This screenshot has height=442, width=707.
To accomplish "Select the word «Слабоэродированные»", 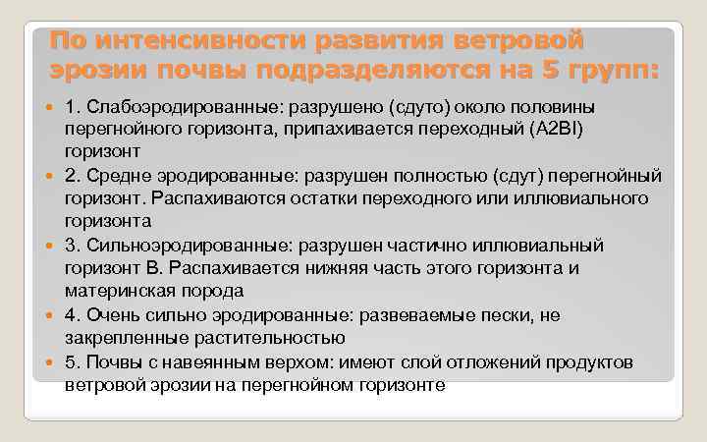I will point(161,106).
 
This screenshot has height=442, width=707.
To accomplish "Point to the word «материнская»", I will point(111,291).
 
